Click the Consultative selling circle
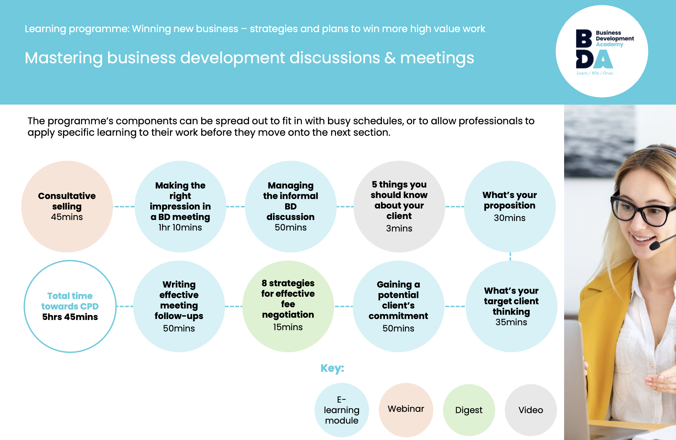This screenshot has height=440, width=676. pos(67,207)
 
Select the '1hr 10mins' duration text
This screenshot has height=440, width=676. pos(180,228)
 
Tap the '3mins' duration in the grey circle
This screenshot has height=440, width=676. pos(399,229)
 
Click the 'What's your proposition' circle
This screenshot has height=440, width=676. pos(510,207)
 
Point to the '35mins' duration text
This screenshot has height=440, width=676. pos(511,322)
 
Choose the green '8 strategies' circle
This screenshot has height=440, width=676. pos(288,306)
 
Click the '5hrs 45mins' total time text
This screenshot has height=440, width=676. pos(70,317)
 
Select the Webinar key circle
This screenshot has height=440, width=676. pos(406,410)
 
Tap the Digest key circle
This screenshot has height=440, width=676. pos(469,410)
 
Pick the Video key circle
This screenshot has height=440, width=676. pos(531,410)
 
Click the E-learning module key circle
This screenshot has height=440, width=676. pos(342,410)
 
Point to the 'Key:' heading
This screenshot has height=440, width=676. pos(332,368)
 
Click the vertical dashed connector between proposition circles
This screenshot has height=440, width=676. pos(510,256)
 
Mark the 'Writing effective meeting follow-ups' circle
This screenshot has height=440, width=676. pos(179,306)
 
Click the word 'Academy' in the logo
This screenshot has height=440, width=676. pos(609,45)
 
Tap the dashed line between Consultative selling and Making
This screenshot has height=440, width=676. pos(124,207)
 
